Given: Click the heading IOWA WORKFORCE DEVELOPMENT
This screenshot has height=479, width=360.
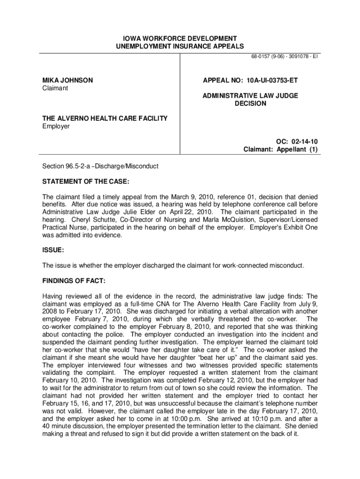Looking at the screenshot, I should pyautogui.click(x=180, y=38).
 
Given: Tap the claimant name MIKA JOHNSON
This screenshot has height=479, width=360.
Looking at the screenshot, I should pyautogui.click(x=68, y=80).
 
